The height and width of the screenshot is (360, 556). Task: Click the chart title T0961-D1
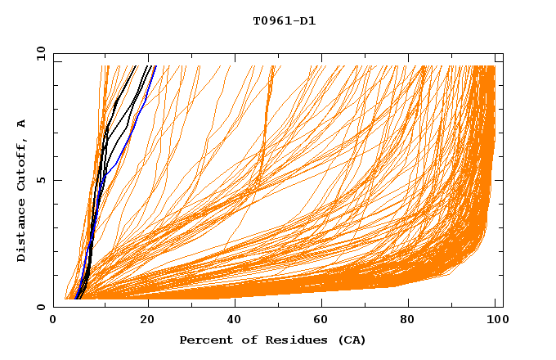(x=284, y=21)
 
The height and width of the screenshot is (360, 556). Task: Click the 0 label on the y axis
(x=41, y=307)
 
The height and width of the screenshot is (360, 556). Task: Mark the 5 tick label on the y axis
(x=41, y=181)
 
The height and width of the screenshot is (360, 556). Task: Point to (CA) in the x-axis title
(x=349, y=340)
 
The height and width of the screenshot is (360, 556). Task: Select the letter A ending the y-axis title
(x=22, y=124)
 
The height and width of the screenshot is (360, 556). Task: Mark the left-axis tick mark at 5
(x=56, y=181)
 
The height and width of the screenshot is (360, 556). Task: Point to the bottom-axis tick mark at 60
(x=323, y=304)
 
